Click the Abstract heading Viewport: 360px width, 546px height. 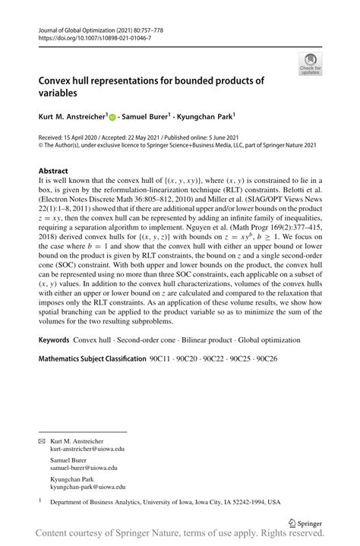53,172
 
